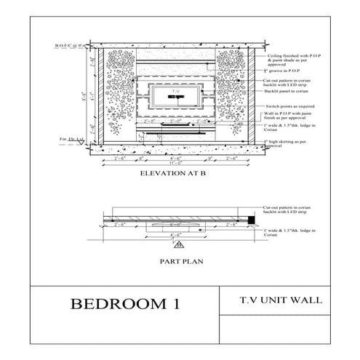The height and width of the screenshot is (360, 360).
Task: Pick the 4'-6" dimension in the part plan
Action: (x=175, y=235)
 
